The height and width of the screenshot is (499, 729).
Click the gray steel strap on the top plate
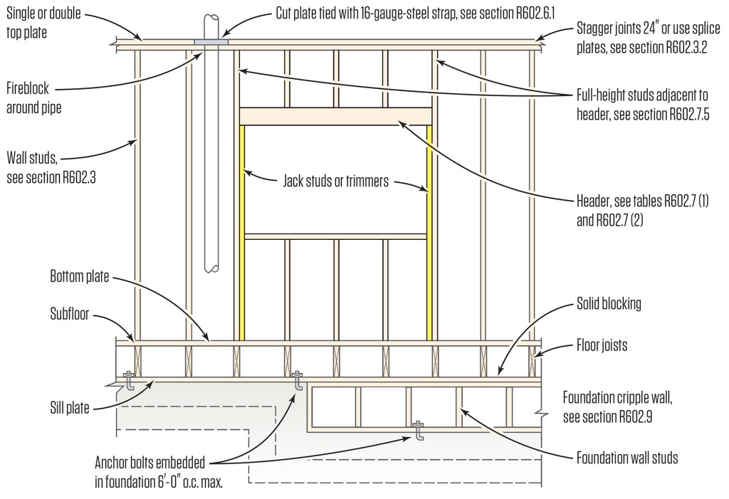point(211,43)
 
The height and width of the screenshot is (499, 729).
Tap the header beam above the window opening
point(335,116)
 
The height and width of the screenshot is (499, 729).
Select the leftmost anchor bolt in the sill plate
point(130,381)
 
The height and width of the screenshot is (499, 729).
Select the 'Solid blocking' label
point(609,303)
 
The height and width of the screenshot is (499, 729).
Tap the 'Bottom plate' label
point(79,275)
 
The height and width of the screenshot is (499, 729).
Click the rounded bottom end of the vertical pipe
point(211,268)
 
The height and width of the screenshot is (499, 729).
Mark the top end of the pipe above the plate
point(211,17)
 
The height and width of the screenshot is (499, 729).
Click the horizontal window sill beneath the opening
point(335,236)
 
